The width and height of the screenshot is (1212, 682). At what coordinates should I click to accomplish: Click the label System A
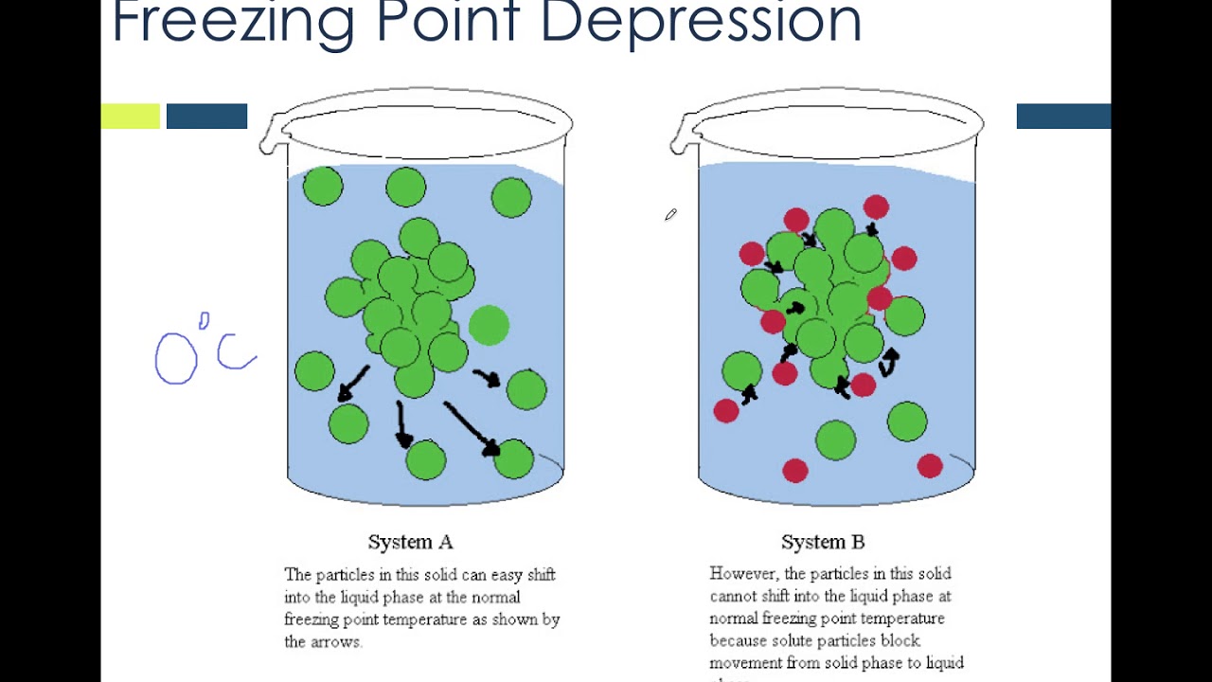pos(410,543)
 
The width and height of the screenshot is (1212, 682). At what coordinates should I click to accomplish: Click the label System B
pos(822,543)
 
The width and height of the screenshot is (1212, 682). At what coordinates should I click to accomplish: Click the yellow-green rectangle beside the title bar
pos(131,117)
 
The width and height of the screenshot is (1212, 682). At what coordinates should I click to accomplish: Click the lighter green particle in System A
pos(489,325)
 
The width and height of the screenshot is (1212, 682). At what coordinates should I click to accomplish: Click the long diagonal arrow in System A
pos(470,427)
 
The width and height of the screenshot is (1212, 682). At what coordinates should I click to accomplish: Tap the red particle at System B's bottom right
pos(930,465)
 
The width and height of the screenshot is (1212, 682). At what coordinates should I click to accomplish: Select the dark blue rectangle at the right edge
pos(1063,117)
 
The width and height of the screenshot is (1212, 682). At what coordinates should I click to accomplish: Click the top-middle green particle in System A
pos(406,187)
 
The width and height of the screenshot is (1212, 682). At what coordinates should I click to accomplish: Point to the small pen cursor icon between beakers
pos(670,216)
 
